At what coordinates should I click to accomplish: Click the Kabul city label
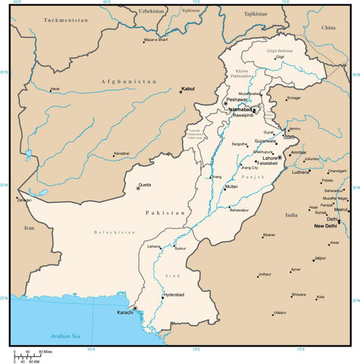point(187,89)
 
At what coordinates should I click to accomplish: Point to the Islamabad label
point(240,110)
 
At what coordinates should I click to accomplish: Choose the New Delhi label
point(326,226)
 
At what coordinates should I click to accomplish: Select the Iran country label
point(30,227)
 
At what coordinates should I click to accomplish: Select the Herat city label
point(55,89)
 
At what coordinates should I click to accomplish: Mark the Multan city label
point(231,187)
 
